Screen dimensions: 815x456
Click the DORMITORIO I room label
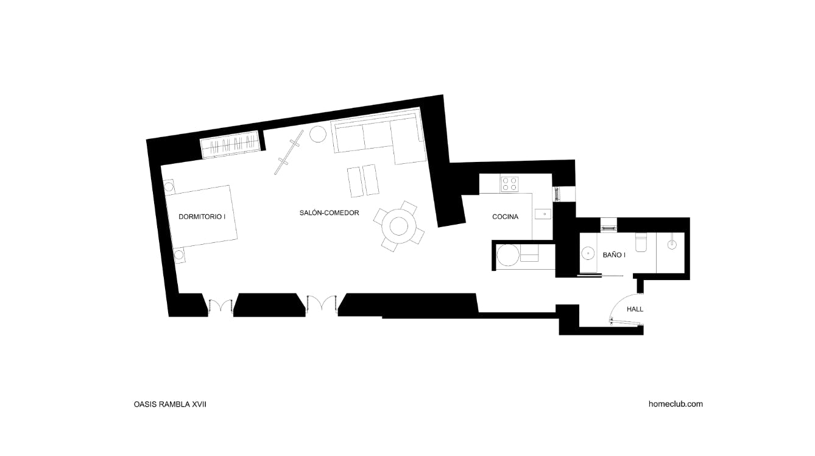(202, 217)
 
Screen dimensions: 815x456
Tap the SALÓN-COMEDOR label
(330, 212)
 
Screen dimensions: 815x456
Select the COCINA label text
(505, 217)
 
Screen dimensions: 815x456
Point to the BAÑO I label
(614, 255)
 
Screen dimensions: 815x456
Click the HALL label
(635, 309)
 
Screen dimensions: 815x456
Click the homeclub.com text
(676, 404)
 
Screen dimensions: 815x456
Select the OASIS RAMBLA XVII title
(170, 404)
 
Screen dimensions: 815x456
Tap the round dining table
(399, 226)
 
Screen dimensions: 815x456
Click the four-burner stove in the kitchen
(509, 184)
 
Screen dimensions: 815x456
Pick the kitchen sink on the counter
(543, 214)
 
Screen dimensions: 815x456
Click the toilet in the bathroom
(641, 242)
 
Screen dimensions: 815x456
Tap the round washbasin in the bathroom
(588, 253)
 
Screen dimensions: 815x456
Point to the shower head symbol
(672, 244)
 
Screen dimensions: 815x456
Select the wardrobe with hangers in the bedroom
(230, 145)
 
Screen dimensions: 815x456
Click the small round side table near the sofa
(318, 134)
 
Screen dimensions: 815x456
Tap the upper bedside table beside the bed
(169, 187)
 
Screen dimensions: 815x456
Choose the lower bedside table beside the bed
(179, 255)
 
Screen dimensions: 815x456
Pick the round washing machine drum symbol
(508, 255)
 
